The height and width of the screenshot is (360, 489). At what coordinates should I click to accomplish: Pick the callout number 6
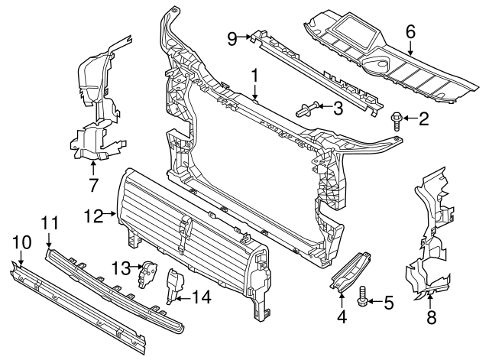point(410,32)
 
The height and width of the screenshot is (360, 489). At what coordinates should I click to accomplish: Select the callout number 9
point(232,36)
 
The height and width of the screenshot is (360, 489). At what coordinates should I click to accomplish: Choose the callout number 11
point(50,223)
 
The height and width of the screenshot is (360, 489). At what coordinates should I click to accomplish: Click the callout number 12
point(93,216)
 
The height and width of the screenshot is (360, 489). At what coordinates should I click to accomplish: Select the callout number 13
point(120,267)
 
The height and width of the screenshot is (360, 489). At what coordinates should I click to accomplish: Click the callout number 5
point(388,303)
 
